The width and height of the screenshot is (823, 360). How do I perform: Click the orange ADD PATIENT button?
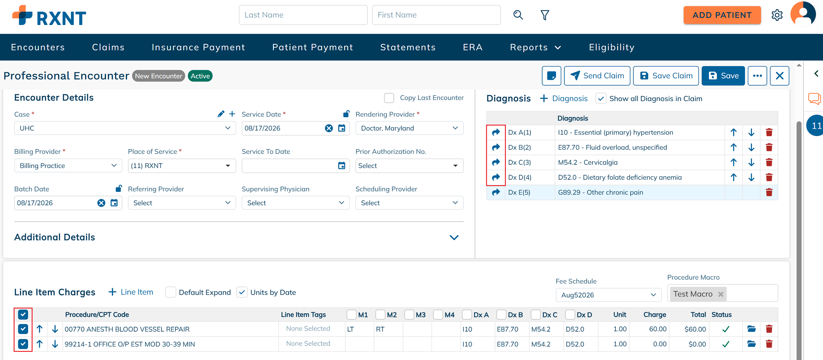pos(722,15)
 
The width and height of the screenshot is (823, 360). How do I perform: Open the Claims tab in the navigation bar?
pos(108,47)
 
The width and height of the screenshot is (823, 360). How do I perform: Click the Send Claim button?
pos(597,76)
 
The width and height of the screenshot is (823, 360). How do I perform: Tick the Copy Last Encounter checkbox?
pos(389,98)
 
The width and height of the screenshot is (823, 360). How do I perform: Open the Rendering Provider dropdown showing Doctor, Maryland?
pos(409,128)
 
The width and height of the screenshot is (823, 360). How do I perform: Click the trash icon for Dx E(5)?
pos(769,192)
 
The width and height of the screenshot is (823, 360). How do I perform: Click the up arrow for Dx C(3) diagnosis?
pos(734,162)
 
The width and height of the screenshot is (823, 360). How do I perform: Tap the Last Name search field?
pos(303,15)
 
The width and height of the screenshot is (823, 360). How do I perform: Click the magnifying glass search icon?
pos(518,15)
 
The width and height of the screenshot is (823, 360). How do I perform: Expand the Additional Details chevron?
pos(454,238)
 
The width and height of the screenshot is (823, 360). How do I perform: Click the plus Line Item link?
pos(131,292)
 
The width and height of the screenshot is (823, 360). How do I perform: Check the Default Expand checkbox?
pos(171,292)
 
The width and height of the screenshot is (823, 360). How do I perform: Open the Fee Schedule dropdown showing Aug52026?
pos(608,295)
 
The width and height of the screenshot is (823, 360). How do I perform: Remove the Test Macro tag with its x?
pos(721,294)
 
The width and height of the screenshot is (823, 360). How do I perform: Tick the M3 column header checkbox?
pos(409,315)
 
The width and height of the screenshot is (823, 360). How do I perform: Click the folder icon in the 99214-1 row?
pos(751,344)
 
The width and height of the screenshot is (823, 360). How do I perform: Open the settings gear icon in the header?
pos(777,15)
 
